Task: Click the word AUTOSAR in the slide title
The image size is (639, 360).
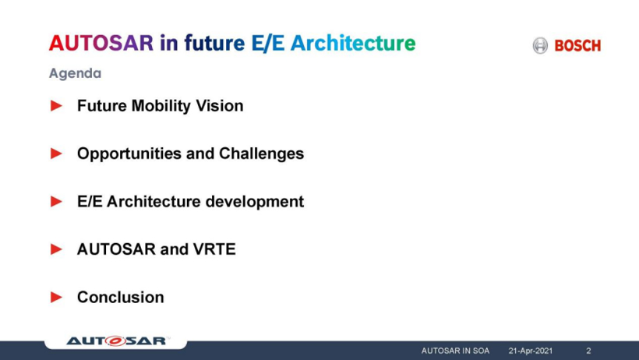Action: (x=101, y=43)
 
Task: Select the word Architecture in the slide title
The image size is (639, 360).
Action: (x=353, y=43)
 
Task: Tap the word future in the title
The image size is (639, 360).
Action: (x=214, y=43)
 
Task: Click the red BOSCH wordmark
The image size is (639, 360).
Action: (x=577, y=46)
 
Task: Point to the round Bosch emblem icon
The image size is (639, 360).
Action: (x=540, y=45)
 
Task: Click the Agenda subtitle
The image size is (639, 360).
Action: (x=75, y=73)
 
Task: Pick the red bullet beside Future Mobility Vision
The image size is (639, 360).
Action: (x=56, y=106)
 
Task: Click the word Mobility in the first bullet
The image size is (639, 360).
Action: (x=161, y=106)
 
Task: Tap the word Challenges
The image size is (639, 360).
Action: (x=261, y=154)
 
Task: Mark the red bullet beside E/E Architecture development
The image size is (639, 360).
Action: (x=56, y=201)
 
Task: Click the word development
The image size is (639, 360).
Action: (x=255, y=201)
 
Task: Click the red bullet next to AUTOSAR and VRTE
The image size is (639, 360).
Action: (x=56, y=249)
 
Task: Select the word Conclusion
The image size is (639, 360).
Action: (x=121, y=297)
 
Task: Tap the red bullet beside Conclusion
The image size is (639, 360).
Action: (x=56, y=297)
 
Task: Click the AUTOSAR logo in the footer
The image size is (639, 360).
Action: (x=118, y=341)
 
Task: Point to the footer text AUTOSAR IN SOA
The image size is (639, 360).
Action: (x=455, y=351)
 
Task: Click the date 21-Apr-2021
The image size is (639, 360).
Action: (x=531, y=351)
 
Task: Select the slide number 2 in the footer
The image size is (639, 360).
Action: (x=588, y=351)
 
